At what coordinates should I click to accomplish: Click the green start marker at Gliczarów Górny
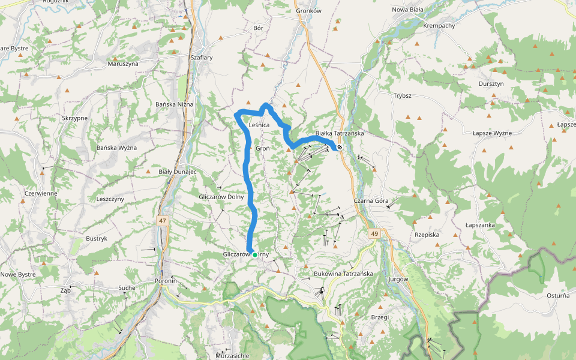tap(255, 255)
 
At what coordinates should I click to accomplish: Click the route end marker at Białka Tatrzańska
tap(340, 147)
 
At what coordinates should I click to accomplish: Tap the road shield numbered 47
tap(163, 221)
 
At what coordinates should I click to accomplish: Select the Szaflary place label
tap(202, 58)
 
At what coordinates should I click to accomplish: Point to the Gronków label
tap(309, 11)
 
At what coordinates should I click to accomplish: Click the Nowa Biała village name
tap(408, 10)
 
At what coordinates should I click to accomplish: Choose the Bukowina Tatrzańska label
tap(344, 274)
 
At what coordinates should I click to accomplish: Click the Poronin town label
tap(166, 281)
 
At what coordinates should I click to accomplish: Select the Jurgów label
tap(398, 279)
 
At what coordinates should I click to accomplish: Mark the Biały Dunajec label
tap(178, 172)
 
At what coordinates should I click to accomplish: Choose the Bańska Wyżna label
tap(117, 148)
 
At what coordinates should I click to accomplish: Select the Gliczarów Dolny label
tap(221, 197)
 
